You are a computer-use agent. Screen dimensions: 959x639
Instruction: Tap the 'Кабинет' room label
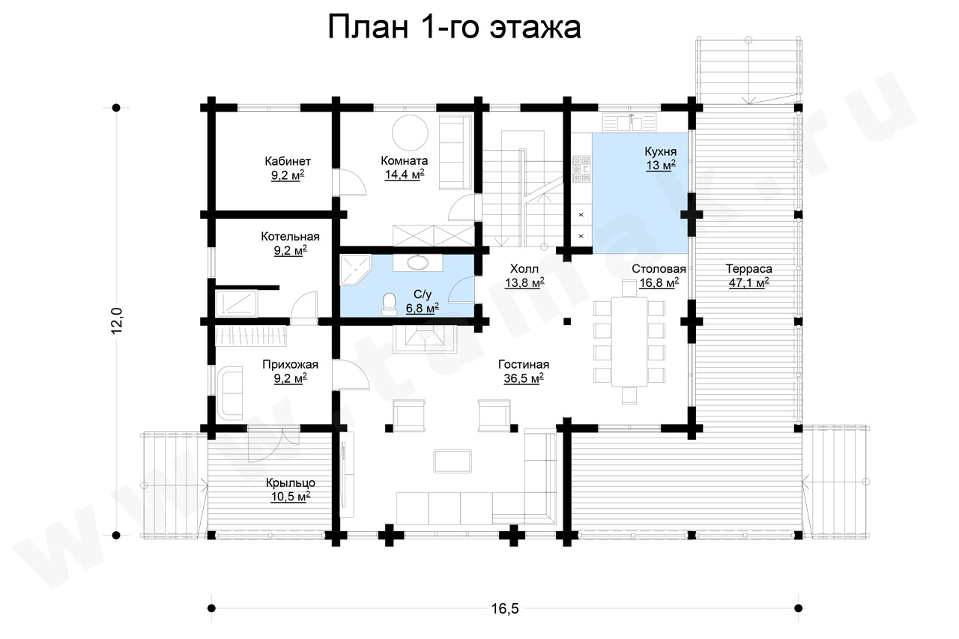[x=288, y=161]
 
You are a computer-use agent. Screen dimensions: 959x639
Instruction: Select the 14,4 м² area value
[x=405, y=175]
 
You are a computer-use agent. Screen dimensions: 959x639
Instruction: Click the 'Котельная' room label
[x=290, y=236]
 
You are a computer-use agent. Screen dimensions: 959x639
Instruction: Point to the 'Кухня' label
[x=661, y=152]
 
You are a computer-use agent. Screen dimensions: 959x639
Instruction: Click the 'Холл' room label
[x=524, y=269]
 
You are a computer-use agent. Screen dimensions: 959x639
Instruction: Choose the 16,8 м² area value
[x=659, y=283]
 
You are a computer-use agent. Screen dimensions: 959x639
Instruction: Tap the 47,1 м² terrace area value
[x=748, y=283]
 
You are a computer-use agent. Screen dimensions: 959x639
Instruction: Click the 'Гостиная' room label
[x=524, y=364]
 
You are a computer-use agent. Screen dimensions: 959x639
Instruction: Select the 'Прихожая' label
[x=290, y=365]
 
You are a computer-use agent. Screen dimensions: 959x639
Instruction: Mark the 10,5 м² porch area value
[x=290, y=497]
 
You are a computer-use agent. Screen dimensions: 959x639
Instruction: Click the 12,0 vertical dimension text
[x=117, y=321]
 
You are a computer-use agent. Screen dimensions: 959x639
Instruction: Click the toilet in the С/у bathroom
[x=389, y=304]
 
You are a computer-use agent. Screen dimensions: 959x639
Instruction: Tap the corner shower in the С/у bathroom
[x=355, y=270]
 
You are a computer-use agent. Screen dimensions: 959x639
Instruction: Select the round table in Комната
[x=410, y=133]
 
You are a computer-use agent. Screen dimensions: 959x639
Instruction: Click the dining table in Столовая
[x=629, y=341]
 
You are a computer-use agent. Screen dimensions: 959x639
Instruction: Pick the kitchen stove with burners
[x=581, y=169]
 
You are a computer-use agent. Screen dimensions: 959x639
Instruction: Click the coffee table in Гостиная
[x=453, y=461]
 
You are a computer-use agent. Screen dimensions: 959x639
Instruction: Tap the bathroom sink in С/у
[x=418, y=262]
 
